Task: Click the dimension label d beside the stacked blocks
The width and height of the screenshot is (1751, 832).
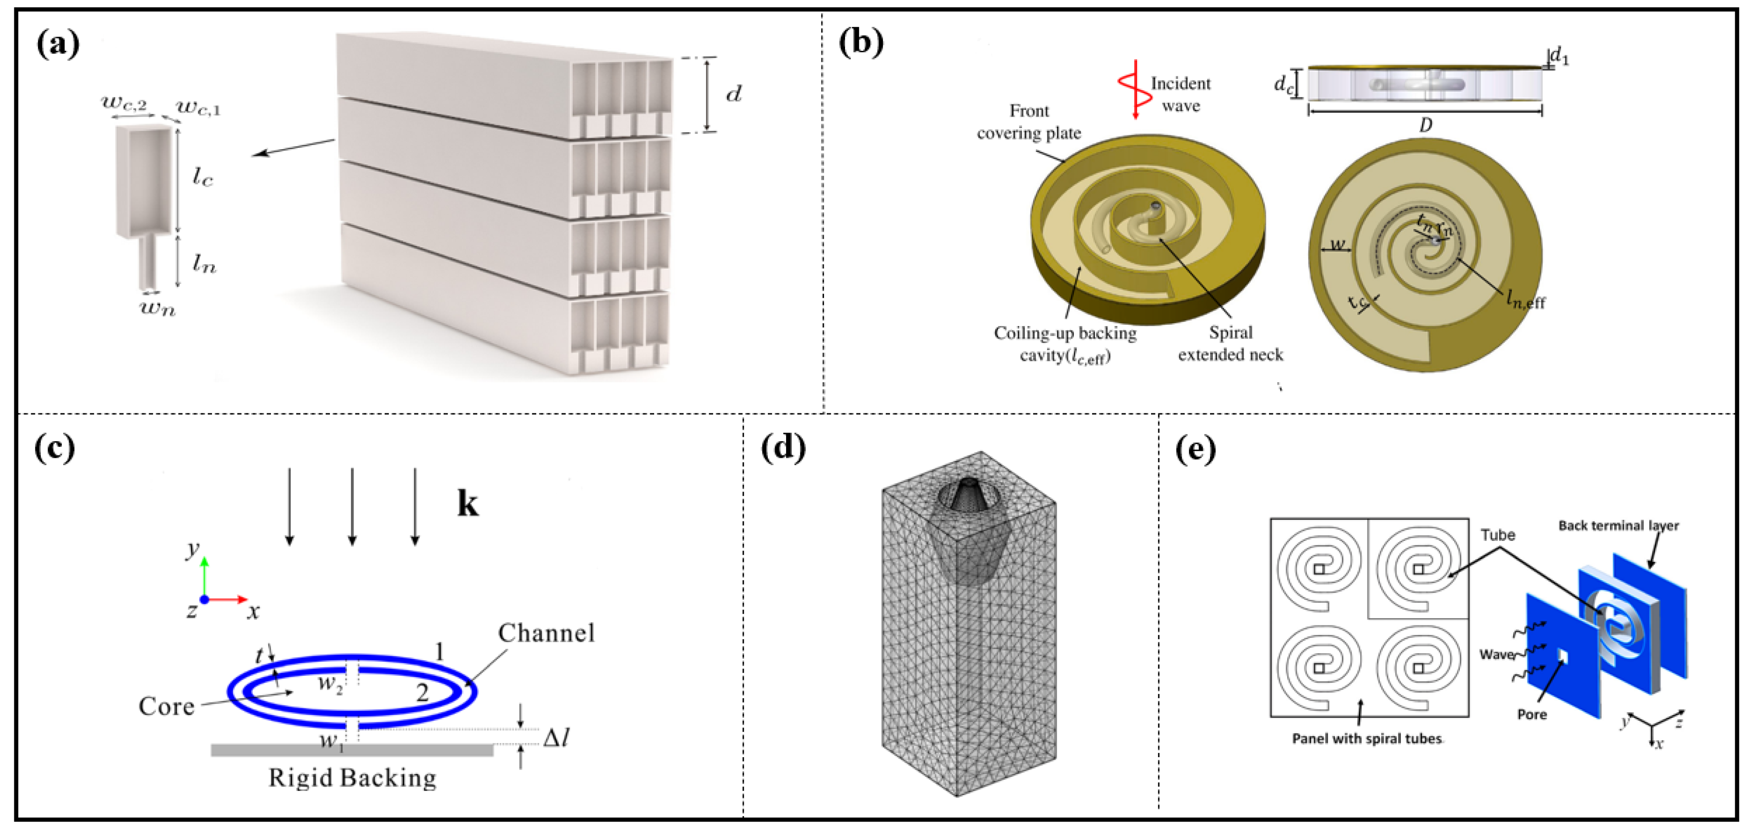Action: [733, 94]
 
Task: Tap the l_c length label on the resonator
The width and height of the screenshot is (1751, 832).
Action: [202, 177]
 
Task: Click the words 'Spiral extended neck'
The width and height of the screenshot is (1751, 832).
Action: [1230, 343]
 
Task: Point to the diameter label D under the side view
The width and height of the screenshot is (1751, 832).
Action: [1425, 125]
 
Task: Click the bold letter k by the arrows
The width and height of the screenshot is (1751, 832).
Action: [468, 504]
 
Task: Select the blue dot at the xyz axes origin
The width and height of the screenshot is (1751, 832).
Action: [204, 599]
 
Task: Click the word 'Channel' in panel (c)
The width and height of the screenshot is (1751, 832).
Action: [546, 633]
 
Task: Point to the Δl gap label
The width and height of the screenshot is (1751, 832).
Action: [556, 738]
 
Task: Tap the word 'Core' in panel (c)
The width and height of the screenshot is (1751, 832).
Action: [166, 706]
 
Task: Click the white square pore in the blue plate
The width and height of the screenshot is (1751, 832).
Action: [1563, 655]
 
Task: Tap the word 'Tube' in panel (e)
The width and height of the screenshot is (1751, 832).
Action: [1497, 535]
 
